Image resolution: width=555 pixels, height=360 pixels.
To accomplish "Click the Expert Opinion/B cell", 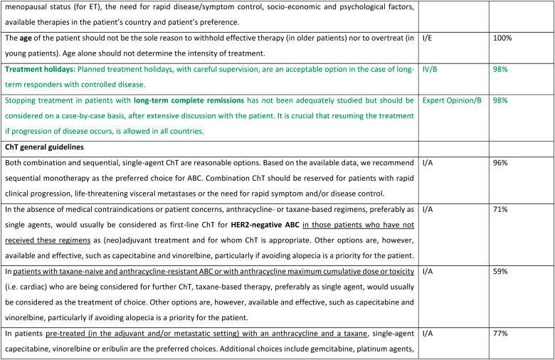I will [452, 100].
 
